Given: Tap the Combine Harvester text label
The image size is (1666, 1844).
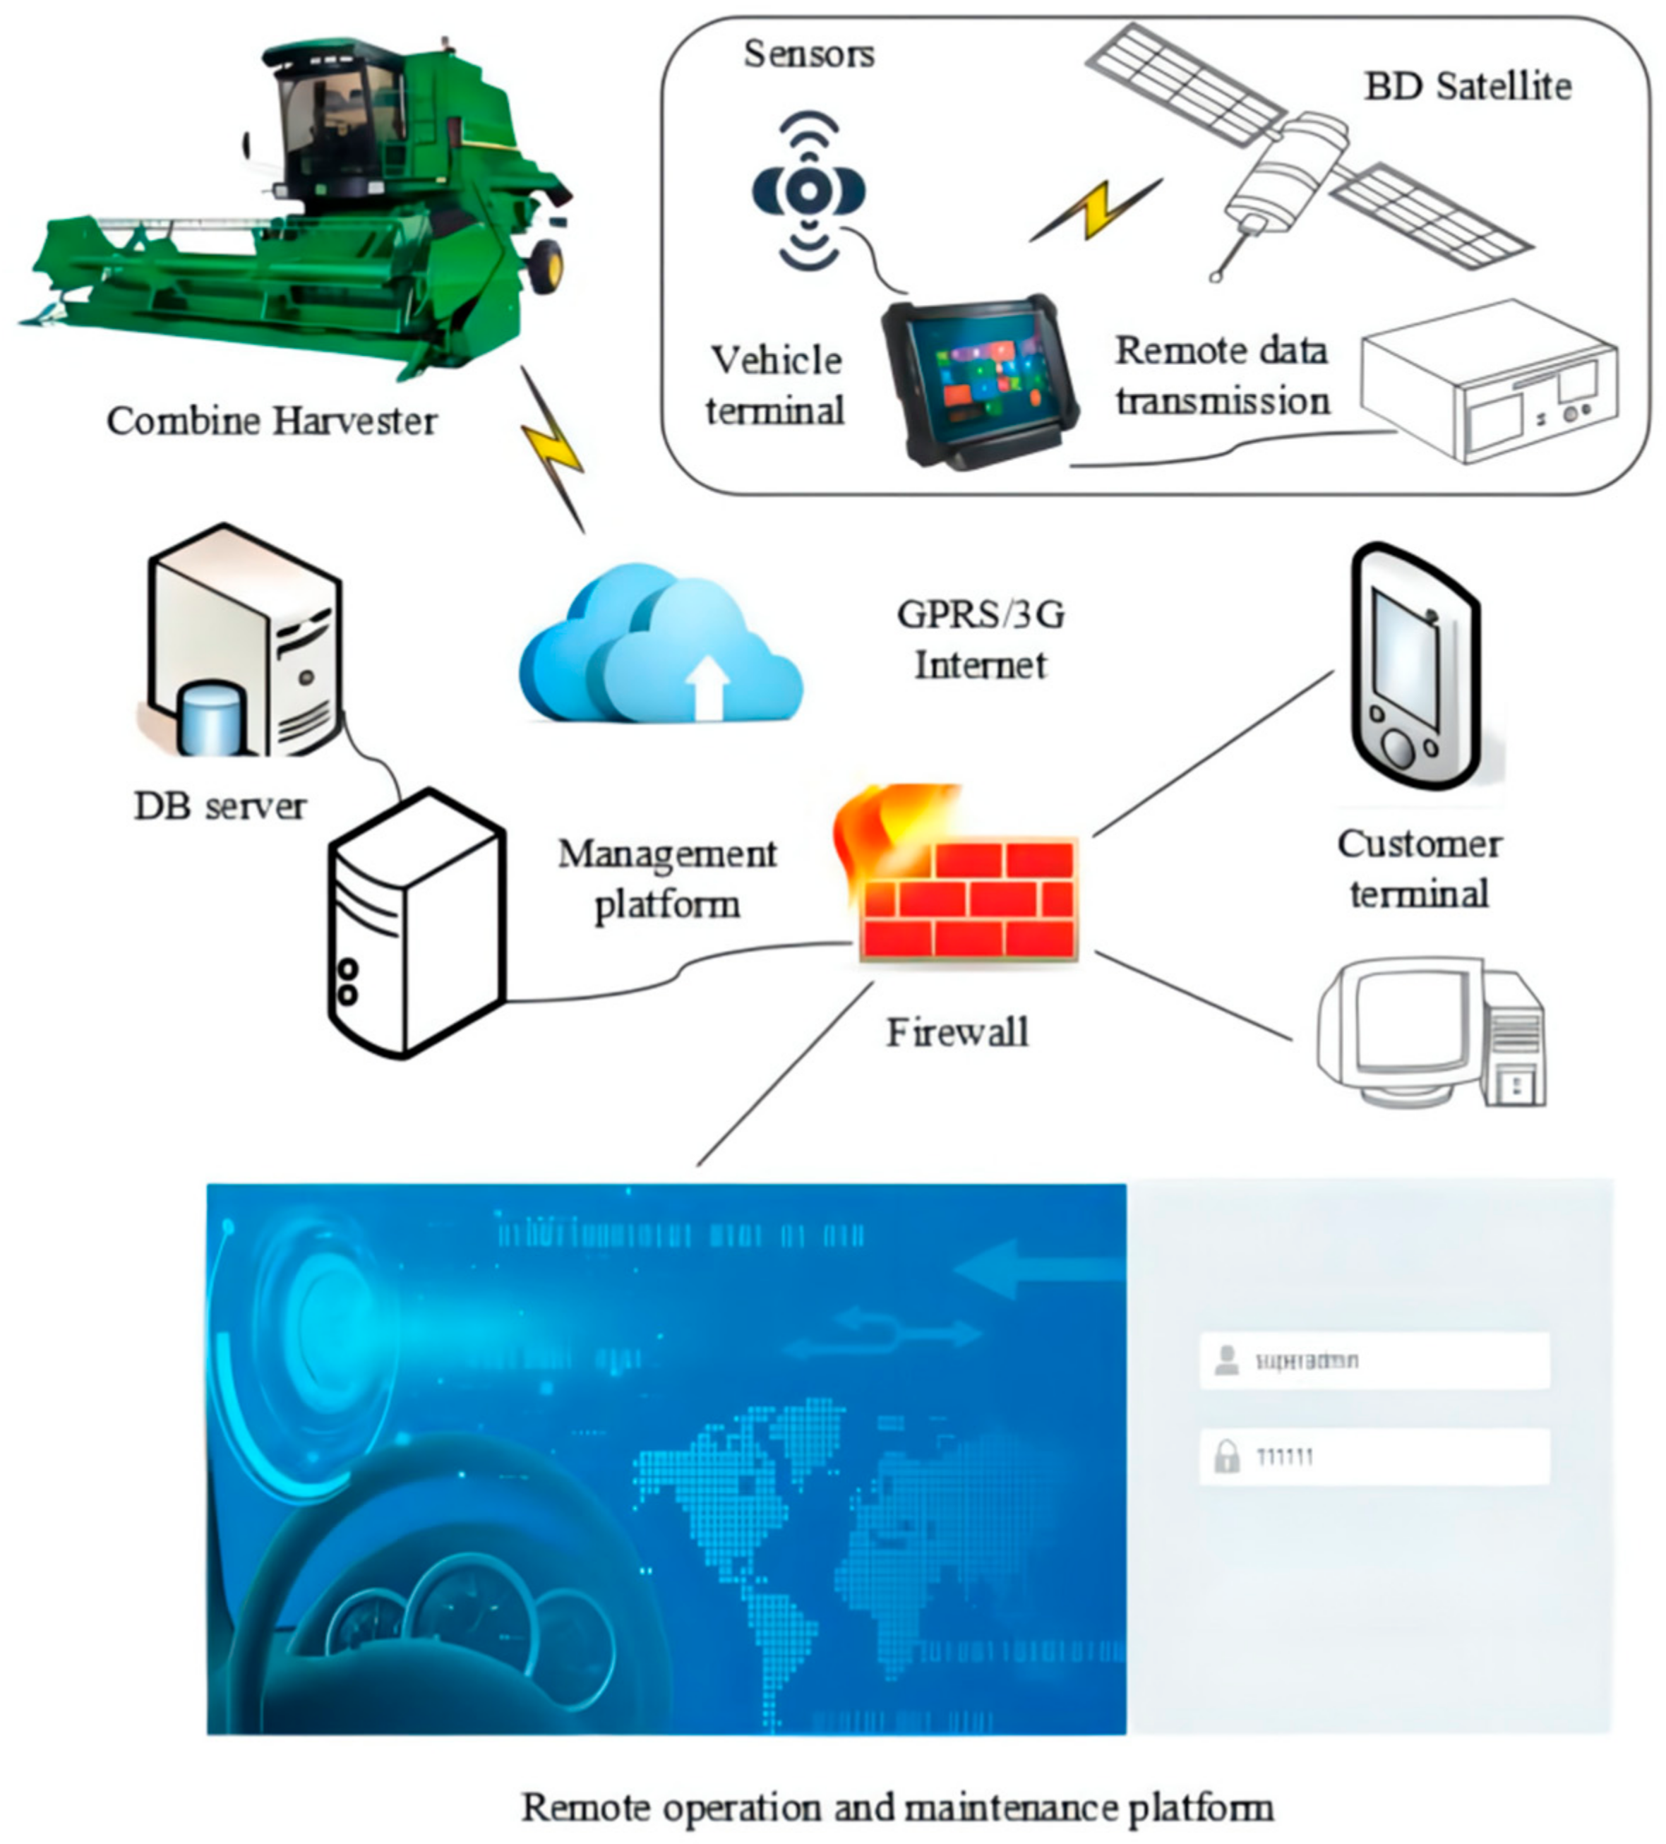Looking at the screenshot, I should pos(272,421).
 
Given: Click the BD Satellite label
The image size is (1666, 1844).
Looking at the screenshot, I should pos(1467,87).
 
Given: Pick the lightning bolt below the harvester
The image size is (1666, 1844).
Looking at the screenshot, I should pos(552,448).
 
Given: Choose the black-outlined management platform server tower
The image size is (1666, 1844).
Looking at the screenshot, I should pos(416,924).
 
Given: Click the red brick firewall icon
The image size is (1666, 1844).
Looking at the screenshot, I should pos(967,897).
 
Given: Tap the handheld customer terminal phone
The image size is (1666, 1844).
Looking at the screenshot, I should pos(1415,668).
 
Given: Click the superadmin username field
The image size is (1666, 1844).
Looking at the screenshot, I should pos(1374,1361).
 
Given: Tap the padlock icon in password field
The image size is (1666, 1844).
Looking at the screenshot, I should pos(1226,1456).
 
